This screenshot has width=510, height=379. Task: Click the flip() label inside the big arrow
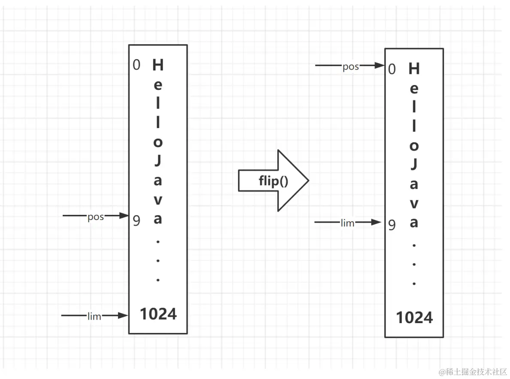coord(273,181)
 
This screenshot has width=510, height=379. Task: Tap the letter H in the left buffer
coord(158,65)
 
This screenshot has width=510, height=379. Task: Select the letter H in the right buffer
coord(414,68)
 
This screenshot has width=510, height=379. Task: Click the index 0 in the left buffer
coord(137,65)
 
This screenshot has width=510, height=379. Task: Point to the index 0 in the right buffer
coord(392,69)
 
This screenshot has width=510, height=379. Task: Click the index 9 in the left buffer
coord(137,220)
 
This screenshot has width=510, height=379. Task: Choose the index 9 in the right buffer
coord(392,225)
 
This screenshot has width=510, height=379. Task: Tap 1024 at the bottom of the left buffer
coord(158,314)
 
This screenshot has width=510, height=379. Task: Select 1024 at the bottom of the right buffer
coord(414,318)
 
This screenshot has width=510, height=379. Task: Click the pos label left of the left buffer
coord(96,217)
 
